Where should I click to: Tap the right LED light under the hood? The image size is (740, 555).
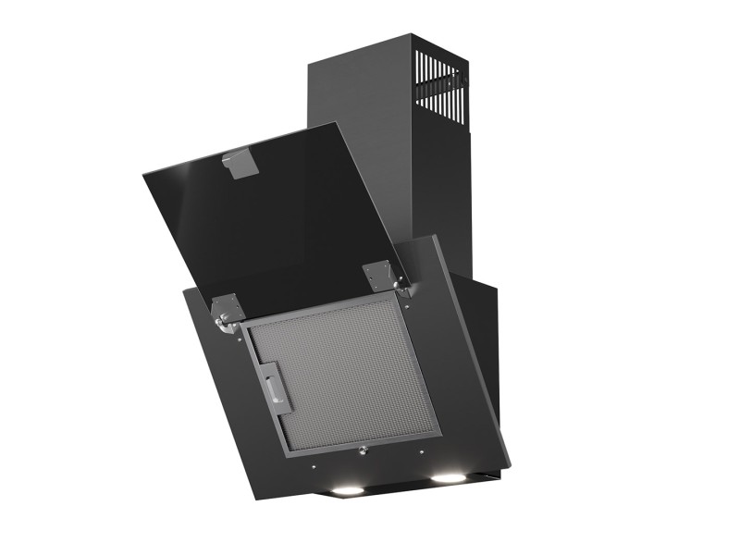pyautogui.click(x=449, y=478)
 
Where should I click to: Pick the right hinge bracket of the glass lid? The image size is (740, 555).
pyautogui.click(x=381, y=275)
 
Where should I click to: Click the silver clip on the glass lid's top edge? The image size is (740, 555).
pyautogui.click(x=240, y=163)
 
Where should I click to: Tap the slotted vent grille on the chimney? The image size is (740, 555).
pyautogui.click(x=438, y=88)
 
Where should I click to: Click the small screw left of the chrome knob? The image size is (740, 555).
pyautogui.click(x=314, y=465)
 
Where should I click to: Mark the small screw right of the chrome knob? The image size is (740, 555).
pyautogui.click(x=420, y=451)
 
